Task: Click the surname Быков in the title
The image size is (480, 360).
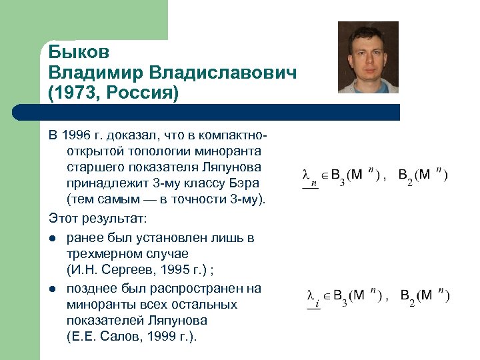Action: [x=79, y=52]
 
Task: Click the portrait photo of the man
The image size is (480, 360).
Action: [x=368, y=57]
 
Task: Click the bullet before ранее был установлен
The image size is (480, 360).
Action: [x=52, y=238]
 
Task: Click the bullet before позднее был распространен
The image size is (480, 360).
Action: [x=52, y=289]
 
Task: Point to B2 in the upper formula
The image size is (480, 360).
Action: [x=405, y=177]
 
